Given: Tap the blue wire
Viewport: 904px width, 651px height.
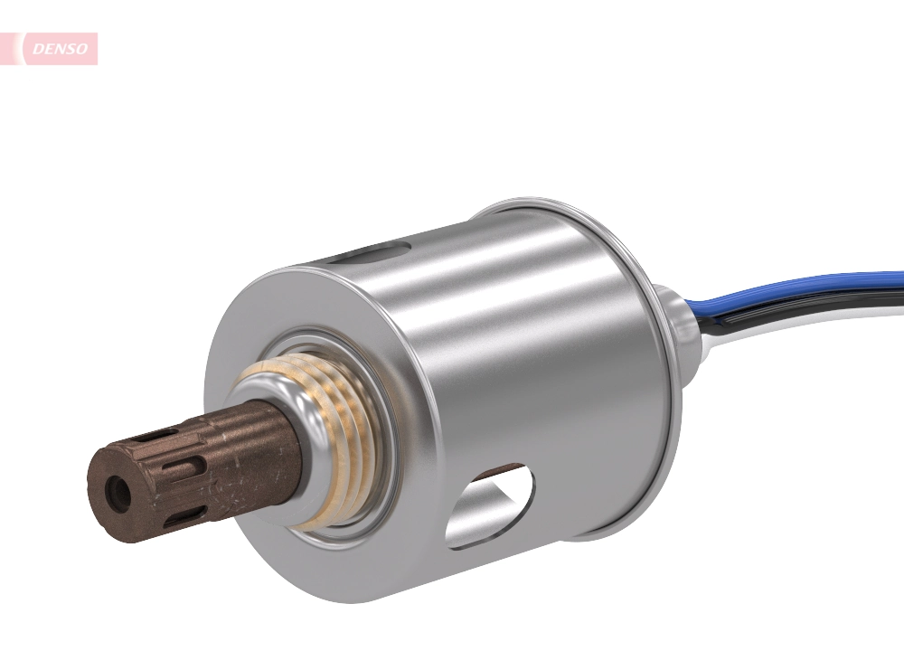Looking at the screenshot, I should tap(814, 287).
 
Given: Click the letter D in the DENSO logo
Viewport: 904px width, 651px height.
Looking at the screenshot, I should tap(38, 49).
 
